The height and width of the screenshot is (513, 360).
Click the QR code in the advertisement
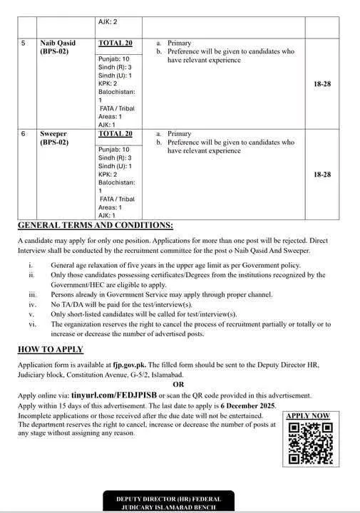310,442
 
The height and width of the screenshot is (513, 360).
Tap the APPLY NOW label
308,415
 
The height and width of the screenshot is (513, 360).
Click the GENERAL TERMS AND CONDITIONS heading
95,226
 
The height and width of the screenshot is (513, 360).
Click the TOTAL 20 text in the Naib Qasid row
115,43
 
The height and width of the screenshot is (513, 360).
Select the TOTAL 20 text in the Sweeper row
115,133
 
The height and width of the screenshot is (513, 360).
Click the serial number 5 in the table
24,43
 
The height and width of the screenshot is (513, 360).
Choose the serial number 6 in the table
24,133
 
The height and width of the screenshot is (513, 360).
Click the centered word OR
178,385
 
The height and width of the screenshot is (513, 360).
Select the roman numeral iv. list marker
32,304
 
